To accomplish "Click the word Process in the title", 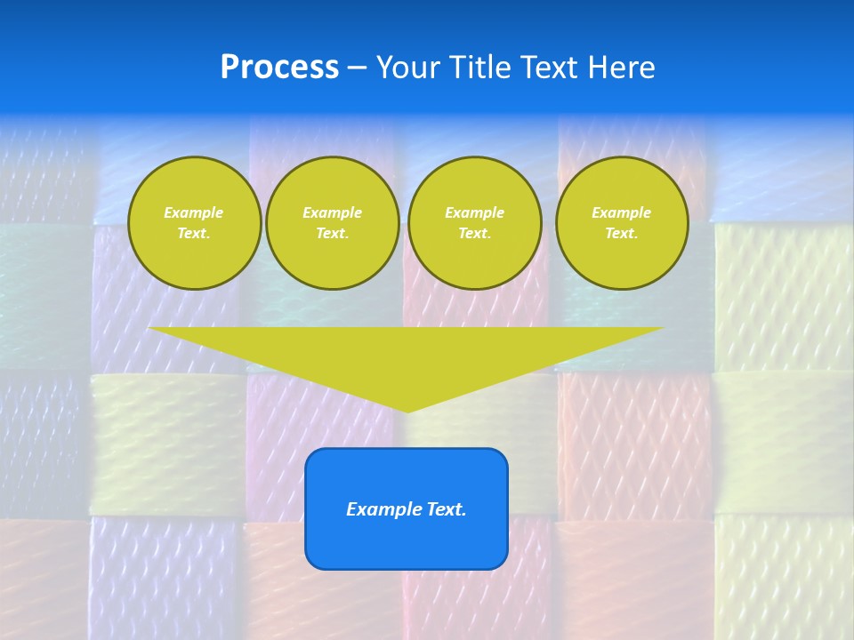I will click(x=279, y=68).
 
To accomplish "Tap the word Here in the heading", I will click(x=621, y=68).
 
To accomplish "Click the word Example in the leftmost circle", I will click(x=194, y=212).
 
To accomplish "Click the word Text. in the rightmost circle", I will click(x=622, y=233).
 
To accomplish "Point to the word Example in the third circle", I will click(x=474, y=212).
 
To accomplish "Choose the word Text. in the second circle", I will click(x=333, y=233).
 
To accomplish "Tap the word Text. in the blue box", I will click(x=447, y=509).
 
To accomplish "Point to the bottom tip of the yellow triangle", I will click(x=407, y=410).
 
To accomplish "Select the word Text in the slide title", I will click(x=548, y=68).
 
